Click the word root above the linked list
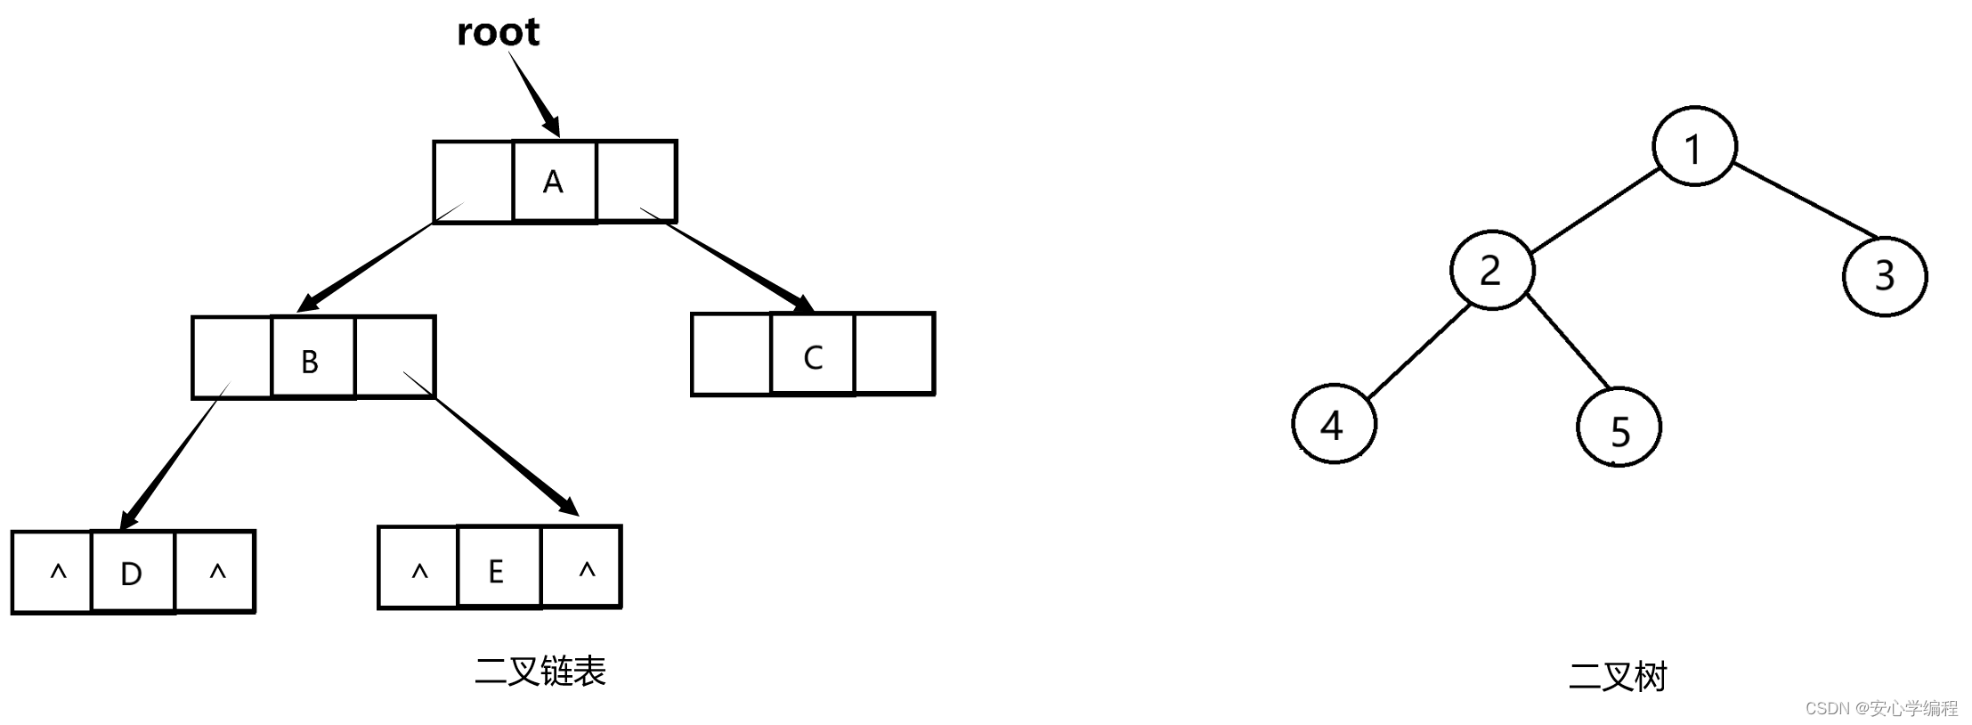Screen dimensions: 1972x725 point(498,32)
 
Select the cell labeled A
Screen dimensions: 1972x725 point(554,182)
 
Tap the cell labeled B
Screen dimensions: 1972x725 point(311,360)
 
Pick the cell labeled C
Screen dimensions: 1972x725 point(812,357)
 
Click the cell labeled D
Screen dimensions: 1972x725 point(132,573)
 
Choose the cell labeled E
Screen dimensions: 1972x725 point(497,570)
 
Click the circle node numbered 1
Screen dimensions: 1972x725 point(1693,148)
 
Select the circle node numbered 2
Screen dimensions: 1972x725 point(1491,270)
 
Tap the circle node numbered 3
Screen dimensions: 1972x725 point(1884,275)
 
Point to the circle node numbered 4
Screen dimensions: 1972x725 point(1333,425)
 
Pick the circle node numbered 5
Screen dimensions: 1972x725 point(1619,429)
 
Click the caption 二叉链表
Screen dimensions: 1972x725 point(540,672)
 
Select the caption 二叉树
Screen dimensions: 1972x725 point(1617,677)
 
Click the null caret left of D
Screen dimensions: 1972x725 point(58,573)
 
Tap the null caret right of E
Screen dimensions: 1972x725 point(586,570)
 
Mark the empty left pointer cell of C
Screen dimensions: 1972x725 point(731,354)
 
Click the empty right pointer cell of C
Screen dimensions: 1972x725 point(894,354)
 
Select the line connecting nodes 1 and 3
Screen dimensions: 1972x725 point(1806,201)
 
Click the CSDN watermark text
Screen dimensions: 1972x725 point(1881,708)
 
